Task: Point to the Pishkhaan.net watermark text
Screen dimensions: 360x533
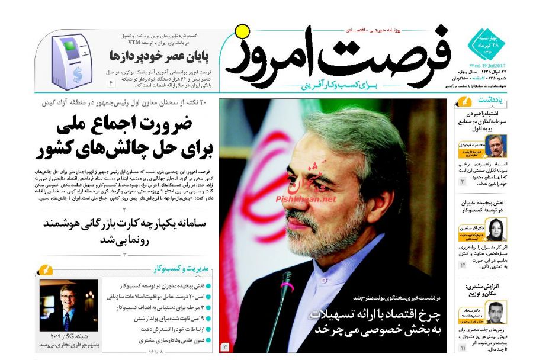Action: (x=306, y=200)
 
